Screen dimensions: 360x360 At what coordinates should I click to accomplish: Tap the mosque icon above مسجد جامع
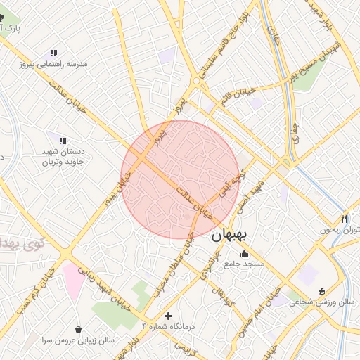pyautogui.click(x=244, y=254)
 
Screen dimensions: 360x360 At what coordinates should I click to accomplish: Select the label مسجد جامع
pyautogui.click(x=244, y=264)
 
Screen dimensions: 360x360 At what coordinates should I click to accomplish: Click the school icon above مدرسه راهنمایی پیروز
pyautogui.click(x=53, y=53)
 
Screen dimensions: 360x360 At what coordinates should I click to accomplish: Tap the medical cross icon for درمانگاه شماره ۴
pyautogui.click(x=167, y=316)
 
